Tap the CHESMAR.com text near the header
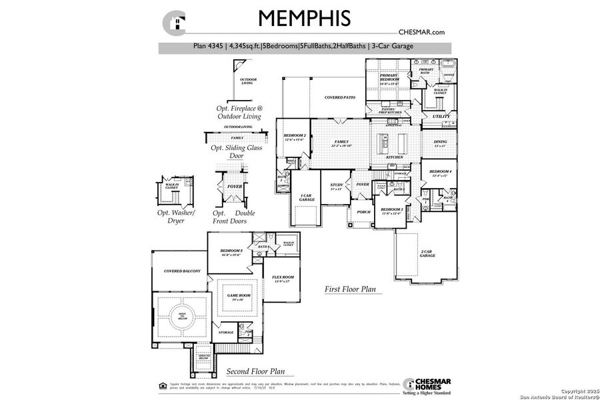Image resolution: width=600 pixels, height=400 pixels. pyautogui.click(x=421, y=31)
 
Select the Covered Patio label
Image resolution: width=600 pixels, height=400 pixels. pyautogui.click(x=339, y=97)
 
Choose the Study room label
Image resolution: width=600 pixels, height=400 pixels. pyautogui.click(x=337, y=187)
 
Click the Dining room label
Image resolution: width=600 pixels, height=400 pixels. pyautogui.click(x=441, y=143)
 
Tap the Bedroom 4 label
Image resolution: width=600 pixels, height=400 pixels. pyautogui.click(x=441, y=173)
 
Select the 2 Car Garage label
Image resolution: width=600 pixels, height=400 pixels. pyautogui.click(x=427, y=254)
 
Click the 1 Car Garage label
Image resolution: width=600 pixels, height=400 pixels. pyautogui.click(x=306, y=198)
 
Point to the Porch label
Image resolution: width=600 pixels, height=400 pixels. pyautogui.click(x=363, y=213)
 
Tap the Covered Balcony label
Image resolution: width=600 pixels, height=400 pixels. pyautogui.click(x=177, y=271)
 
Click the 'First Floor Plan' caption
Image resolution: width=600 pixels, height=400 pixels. pyautogui.click(x=350, y=289)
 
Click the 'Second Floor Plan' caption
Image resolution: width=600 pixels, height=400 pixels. pyautogui.click(x=255, y=371)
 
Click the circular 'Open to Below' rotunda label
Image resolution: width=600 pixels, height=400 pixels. pyautogui.click(x=181, y=319)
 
